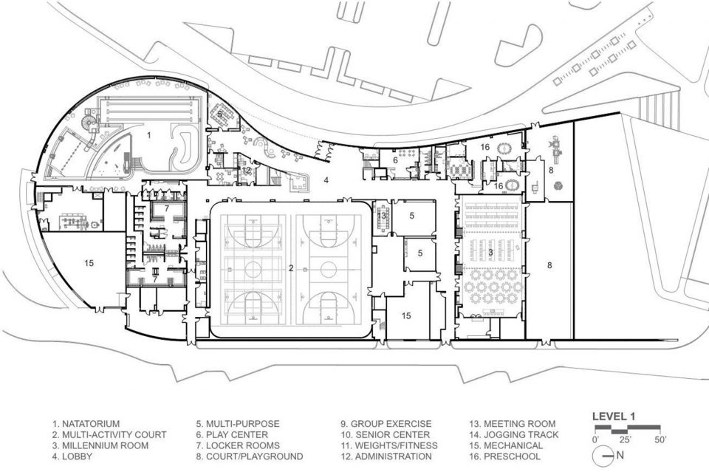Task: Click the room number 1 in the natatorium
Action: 149,134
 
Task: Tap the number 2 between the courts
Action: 291,268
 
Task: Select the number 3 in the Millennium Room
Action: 490,253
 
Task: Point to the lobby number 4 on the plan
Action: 326,180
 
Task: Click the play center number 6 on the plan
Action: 395,160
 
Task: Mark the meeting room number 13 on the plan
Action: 382,216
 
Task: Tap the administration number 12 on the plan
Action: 246,171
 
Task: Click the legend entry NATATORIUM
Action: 86,424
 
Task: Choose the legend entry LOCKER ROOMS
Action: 238,446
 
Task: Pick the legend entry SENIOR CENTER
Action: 386,435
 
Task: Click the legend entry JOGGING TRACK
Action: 514,435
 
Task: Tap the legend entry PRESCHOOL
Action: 505,456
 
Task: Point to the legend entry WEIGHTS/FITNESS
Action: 389,446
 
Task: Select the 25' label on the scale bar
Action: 626,439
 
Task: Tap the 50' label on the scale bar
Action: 660,439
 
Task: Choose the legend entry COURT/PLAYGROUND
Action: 250,456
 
